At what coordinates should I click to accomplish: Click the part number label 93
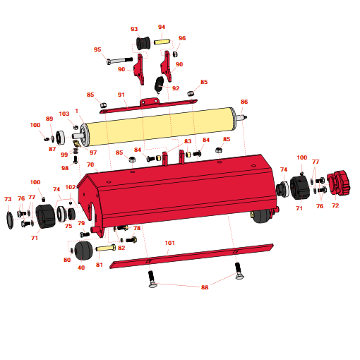tap(134, 29)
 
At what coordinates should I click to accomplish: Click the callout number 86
tap(244, 102)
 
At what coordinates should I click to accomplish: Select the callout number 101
tap(169, 243)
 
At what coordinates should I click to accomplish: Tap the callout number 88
tap(205, 287)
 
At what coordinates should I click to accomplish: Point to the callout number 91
tap(121, 95)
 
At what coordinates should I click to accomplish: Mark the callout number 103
tap(64, 114)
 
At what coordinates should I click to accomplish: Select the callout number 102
tap(71, 187)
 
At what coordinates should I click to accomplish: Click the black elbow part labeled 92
tap(160, 85)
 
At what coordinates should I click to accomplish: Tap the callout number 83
tap(188, 142)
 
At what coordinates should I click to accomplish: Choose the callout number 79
tap(81, 224)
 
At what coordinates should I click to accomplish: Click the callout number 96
tap(182, 38)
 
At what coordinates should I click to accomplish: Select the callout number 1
tap(76, 112)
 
